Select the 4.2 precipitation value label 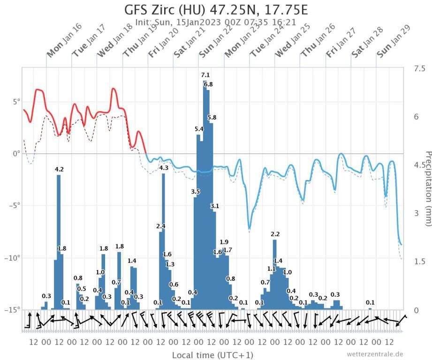click(59, 169)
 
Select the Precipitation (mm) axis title click(427, 187)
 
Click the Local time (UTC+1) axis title click(206, 354)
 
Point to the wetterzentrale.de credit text click(375, 354)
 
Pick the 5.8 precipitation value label click(212, 117)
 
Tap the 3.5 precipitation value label click(196, 191)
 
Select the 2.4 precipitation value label click(161, 226)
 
